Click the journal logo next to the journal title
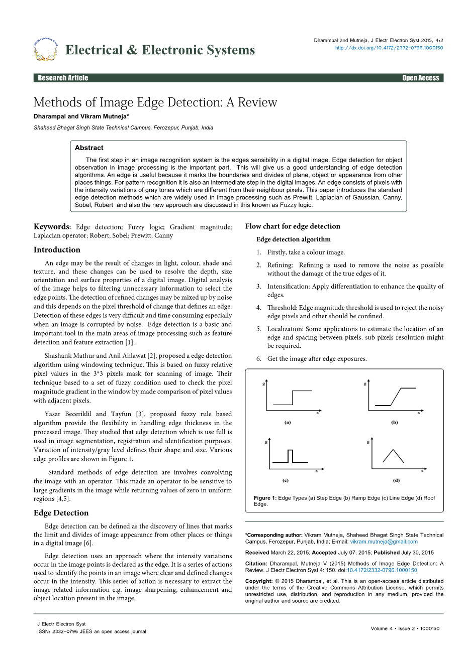pos(45,49)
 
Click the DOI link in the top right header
pos(389,48)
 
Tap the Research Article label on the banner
pos(63,78)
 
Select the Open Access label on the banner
pos(420,78)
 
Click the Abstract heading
pos(89,148)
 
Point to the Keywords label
pos(52,227)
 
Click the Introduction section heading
pos(57,250)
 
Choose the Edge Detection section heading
pos(61,513)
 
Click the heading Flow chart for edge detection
pos(293,226)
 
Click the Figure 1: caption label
pos(265,498)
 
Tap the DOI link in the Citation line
pos(382,570)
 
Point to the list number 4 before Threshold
pos(259,308)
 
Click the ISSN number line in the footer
pos(91,632)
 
